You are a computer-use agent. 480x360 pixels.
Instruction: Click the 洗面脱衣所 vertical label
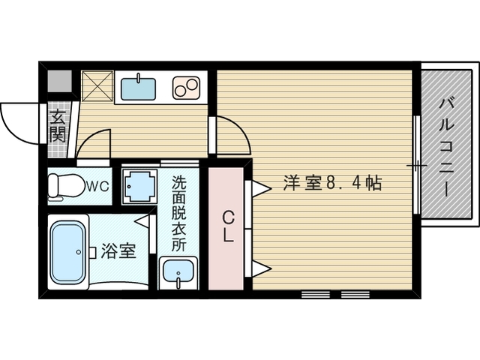pos(178,213)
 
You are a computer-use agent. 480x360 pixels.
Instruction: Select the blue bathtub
pos(68,252)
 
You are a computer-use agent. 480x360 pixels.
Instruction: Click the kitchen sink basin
pos(139,88)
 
